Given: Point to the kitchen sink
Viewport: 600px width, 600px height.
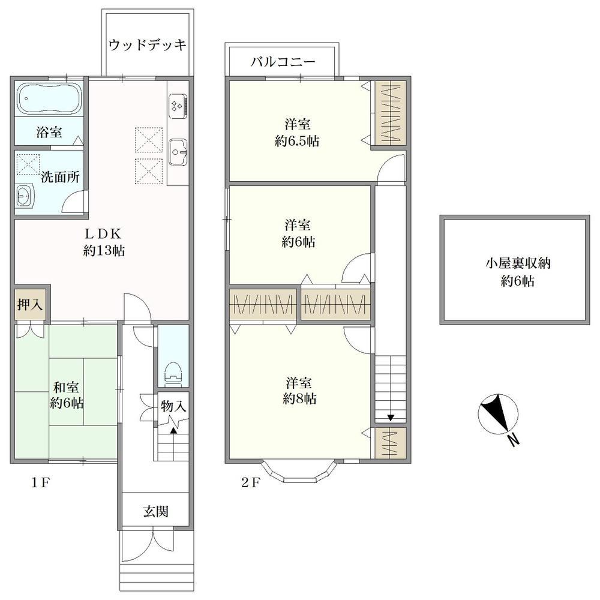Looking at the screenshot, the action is (178, 152).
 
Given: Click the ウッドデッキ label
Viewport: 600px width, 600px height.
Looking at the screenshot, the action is (147, 45).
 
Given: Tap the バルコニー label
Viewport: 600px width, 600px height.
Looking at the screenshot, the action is (283, 61).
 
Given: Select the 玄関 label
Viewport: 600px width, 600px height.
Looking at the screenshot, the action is (156, 511).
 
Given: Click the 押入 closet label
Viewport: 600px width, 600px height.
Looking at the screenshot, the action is (29, 305).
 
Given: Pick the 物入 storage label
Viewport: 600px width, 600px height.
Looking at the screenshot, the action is (173, 406).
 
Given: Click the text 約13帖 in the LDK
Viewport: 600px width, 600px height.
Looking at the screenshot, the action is (104, 251).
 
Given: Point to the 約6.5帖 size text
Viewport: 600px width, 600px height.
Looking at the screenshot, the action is (297, 141).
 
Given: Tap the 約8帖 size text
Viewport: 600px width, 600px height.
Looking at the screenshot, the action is (299, 399).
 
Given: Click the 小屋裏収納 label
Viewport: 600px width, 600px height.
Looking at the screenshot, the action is (518, 263).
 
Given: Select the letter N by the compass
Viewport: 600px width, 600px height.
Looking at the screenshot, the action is (514, 440).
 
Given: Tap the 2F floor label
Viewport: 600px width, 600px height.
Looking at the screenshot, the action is (251, 483).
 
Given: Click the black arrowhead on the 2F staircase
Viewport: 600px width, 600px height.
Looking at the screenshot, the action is (391, 418).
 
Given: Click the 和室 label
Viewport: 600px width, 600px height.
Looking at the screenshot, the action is (66, 387).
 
